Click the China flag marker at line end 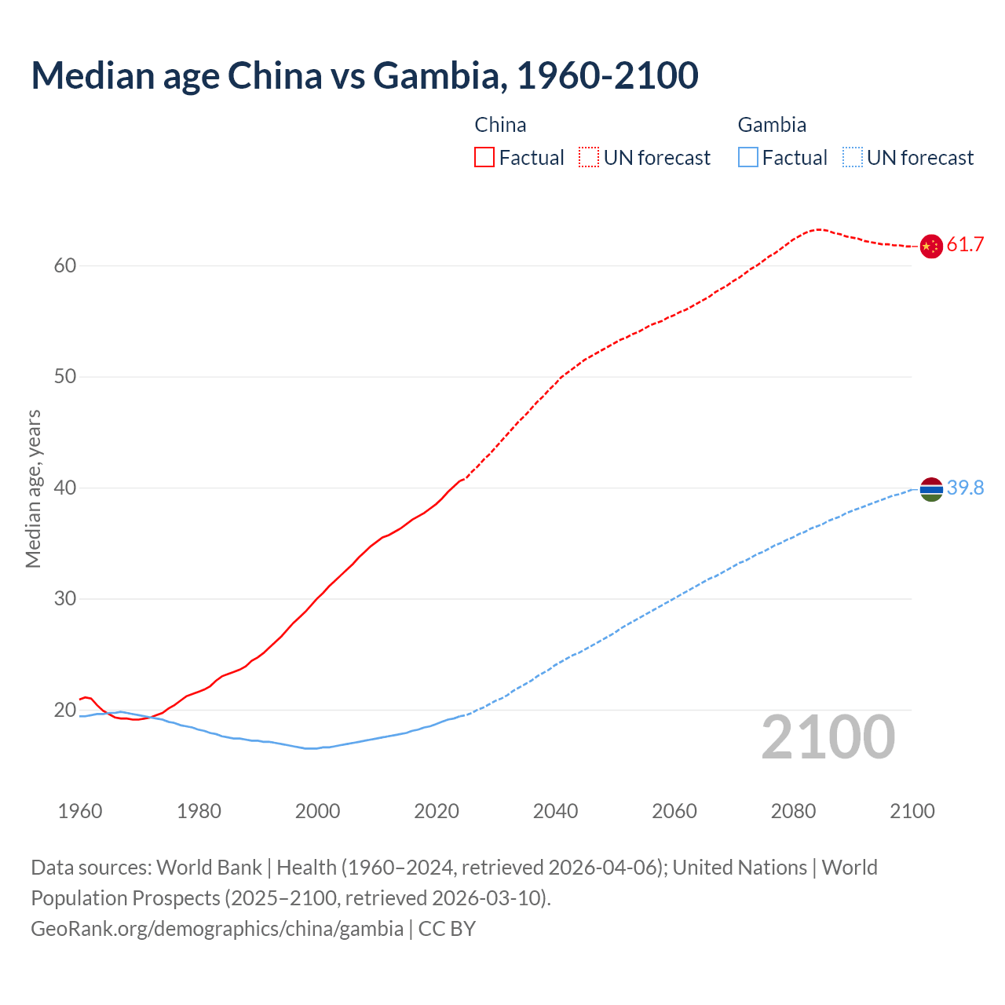coord(931,246)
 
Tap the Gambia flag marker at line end coord(931,489)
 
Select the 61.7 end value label coord(965,245)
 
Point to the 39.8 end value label coord(965,488)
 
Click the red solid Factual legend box coord(484,158)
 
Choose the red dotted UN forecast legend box coord(589,158)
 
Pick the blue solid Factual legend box coord(748,158)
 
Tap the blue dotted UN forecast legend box coord(853,158)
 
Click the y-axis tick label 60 coord(65,265)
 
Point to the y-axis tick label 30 coord(65,599)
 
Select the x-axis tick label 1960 coord(80,811)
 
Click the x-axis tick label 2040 coord(555,811)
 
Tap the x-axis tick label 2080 coord(793,811)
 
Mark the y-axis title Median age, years coord(33,488)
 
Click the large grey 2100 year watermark coord(828,737)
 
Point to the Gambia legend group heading coord(772,125)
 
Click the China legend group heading coord(500,125)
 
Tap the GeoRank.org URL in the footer coord(217,929)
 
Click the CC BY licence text coord(447,929)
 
